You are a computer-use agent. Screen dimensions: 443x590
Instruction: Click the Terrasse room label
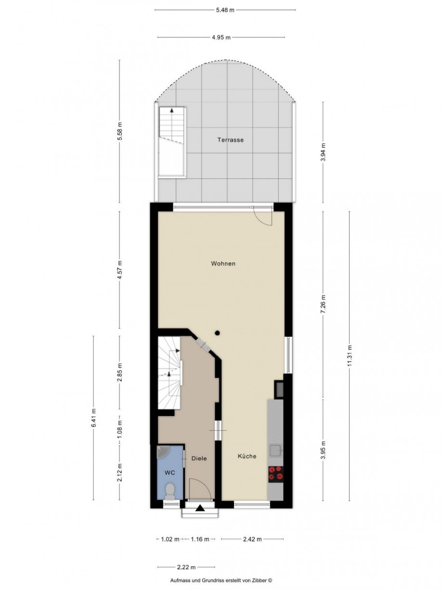(231, 140)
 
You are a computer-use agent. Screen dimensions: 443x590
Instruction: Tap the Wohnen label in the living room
(223, 264)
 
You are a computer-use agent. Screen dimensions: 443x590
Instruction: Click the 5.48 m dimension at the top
(225, 10)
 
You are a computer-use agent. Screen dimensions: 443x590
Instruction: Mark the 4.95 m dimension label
(221, 38)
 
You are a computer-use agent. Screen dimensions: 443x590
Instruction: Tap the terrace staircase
(172, 142)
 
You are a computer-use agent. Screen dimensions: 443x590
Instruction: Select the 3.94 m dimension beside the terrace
(323, 152)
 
